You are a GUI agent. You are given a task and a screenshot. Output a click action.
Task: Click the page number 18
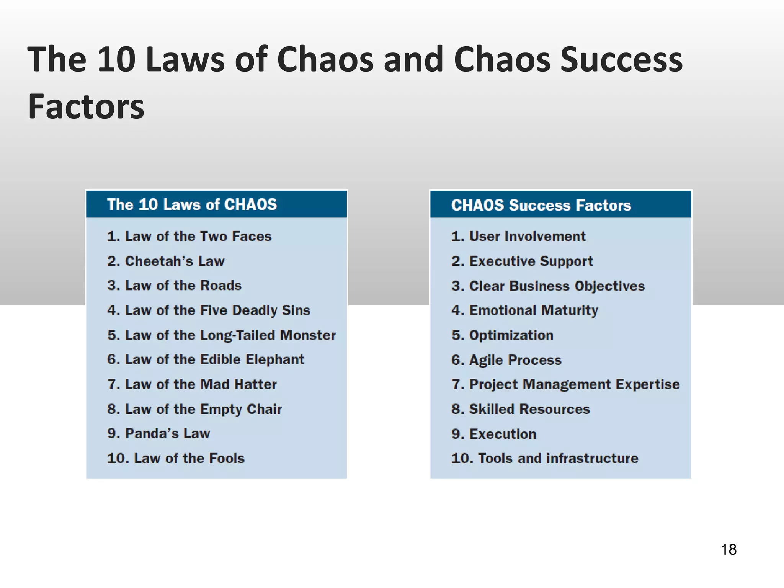coord(728,549)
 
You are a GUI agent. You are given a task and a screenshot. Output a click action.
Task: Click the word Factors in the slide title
coord(87,106)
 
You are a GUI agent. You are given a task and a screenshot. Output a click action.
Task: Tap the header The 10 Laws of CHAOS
coord(192,204)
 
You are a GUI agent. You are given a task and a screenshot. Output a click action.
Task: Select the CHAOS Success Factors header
coord(541,205)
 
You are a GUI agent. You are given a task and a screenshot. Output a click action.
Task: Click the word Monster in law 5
coord(308,335)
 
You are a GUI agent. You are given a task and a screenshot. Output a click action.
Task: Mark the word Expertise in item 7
coord(648,384)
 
